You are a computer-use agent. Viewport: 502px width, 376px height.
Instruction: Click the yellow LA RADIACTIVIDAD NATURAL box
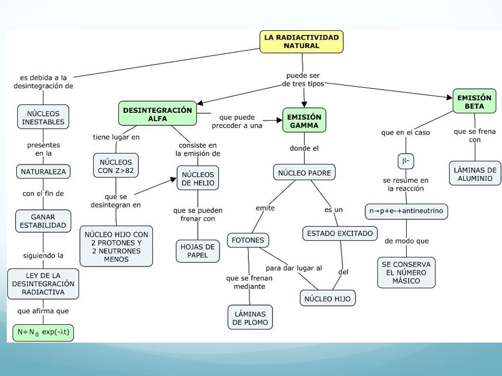[301, 42]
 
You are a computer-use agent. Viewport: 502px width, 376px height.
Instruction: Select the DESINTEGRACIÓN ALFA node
[157, 113]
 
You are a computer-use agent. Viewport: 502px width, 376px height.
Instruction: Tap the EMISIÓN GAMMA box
[304, 120]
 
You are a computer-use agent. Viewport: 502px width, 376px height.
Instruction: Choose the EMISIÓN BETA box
[474, 101]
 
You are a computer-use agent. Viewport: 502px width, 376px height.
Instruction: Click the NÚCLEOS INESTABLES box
[43, 117]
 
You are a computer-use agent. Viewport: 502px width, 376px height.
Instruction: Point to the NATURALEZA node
[43, 172]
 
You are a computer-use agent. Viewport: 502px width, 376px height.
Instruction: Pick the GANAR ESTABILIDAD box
[43, 221]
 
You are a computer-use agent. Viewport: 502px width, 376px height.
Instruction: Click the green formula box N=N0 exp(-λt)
[43, 333]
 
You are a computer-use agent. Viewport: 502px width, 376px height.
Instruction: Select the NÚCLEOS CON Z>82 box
[116, 166]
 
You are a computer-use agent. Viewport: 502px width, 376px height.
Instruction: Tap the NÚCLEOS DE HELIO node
[198, 178]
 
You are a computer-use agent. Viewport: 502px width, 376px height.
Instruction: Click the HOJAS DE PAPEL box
[198, 251]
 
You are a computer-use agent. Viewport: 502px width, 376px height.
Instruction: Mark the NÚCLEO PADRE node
[304, 172]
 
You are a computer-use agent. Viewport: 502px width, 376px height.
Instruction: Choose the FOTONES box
[248, 240]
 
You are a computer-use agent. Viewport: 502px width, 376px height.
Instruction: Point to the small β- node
[406, 161]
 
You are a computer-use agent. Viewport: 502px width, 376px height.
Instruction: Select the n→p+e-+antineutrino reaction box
[406, 211]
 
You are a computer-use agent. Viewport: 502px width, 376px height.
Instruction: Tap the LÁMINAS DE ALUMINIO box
[475, 173]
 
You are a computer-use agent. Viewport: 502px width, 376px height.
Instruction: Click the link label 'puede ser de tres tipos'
[303, 79]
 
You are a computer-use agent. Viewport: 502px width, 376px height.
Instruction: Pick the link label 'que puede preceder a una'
[237, 122]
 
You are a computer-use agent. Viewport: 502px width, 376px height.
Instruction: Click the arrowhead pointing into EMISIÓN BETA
[450, 97]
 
